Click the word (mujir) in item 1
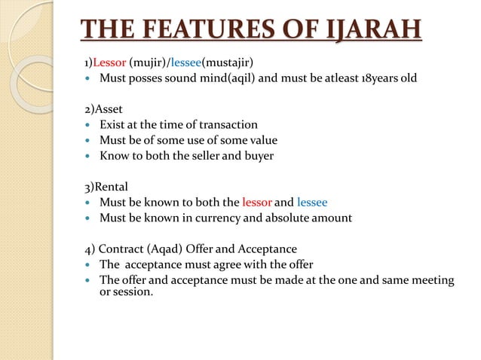click(x=148, y=61)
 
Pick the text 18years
click(x=380, y=78)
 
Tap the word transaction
click(x=226, y=125)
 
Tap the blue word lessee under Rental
click(x=312, y=203)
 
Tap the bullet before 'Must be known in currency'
click(x=87, y=219)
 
